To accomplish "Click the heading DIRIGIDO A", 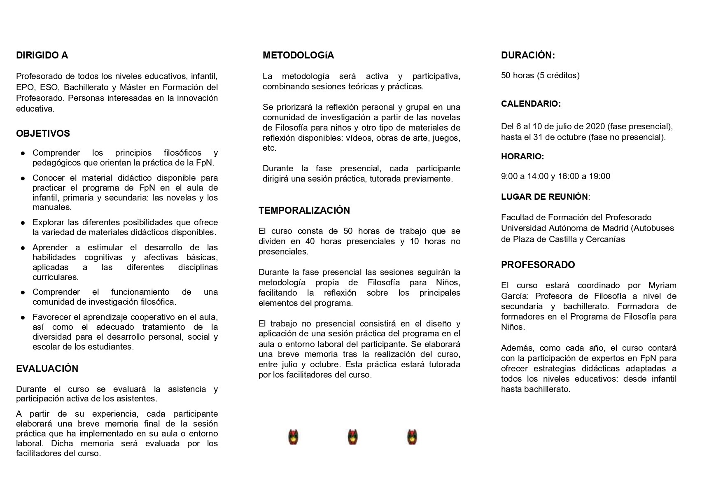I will pos(42,55).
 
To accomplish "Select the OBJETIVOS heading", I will pos(43,133).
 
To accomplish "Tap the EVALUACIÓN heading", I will pos(47,368).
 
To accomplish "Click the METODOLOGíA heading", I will pos(298,55).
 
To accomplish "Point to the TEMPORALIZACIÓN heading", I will pos(304,210).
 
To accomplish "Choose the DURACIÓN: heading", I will pos(528,55).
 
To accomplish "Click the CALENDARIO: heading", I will pos(531,104).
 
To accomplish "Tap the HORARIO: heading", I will pos(522,156).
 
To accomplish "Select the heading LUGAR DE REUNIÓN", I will pos(544,197).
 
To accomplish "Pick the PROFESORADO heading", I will pos(538,265).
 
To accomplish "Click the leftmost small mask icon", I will pos(293,437).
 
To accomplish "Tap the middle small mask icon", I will pos(352,437).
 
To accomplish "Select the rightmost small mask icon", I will pos(412,437).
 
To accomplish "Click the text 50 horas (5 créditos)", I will pos(540,75).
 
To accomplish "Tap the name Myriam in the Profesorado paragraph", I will pos(662,285).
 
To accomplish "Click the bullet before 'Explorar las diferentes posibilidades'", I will pos(23,223).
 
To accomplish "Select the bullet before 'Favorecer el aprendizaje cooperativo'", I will pos(23,317).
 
